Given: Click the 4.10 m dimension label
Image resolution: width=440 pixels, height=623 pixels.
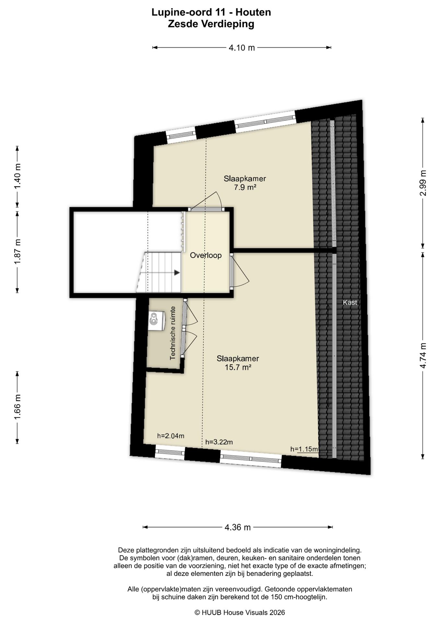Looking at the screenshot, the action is (x=242, y=48).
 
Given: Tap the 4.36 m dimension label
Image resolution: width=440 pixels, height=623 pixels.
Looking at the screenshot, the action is (x=237, y=527).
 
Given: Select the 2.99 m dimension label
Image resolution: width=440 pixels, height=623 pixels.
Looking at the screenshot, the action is (x=423, y=183).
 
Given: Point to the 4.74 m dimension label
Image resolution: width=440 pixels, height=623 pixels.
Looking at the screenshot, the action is (x=423, y=355).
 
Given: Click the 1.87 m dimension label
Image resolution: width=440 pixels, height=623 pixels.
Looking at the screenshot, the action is (x=17, y=251).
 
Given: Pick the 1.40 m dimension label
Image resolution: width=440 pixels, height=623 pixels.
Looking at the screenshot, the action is (x=17, y=177).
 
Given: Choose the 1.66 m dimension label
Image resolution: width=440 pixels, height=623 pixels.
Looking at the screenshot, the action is (x=17, y=407).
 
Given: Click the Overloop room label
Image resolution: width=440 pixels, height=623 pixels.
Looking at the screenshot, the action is (x=206, y=255).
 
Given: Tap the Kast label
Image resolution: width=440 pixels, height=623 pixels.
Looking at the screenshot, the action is (x=350, y=302).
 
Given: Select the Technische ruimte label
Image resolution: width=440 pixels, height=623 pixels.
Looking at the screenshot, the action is (x=173, y=333).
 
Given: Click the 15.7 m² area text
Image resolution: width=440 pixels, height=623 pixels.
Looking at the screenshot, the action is (x=238, y=367).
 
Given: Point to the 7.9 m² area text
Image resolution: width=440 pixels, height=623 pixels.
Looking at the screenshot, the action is (x=245, y=187).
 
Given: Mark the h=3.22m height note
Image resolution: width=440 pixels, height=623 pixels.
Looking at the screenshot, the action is (x=219, y=442).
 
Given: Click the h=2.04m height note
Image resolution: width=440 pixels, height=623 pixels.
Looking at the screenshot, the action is (x=171, y=436).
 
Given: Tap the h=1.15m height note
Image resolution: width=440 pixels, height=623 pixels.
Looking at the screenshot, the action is (x=304, y=449).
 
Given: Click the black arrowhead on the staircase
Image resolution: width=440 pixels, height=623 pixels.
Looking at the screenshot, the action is (x=177, y=273).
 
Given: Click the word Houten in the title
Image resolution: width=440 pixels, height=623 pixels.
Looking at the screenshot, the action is (x=253, y=12).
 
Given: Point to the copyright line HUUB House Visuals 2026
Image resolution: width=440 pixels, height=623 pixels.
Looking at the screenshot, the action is (x=240, y=612).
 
